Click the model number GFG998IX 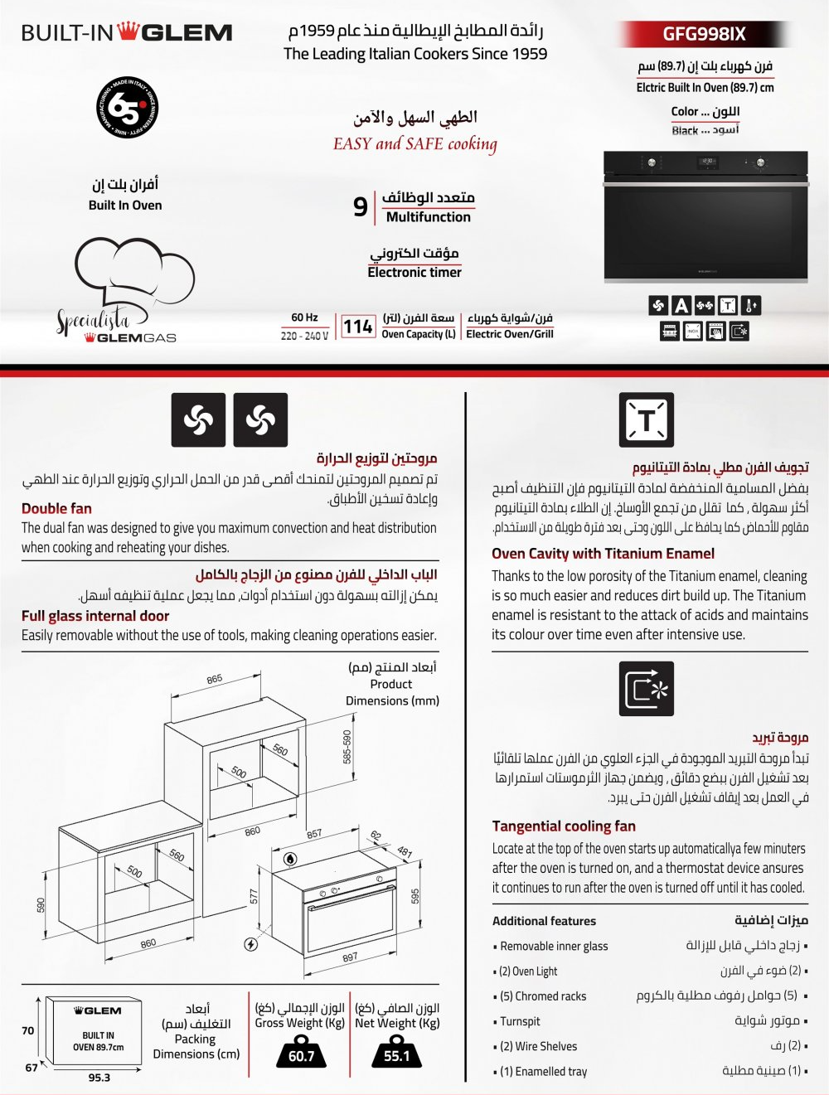click(704, 34)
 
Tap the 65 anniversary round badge click(127, 107)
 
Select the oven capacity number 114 click(357, 327)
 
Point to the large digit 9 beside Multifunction click(360, 206)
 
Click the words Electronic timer click(414, 272)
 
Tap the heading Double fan click(56, 508)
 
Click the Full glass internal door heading click(95, 616)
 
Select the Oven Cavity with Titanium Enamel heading click(603, 554)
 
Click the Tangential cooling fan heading click(564, 826)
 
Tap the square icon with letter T click(646, 420)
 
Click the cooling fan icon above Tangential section click(646, 688)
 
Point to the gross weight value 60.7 click(301, 1056)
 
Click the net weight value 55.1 click(397, 1056)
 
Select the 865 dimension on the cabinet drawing click(214, 679)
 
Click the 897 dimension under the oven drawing click(350, 957)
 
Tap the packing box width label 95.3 click(99, 1078)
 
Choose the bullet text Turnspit click(520, 1021)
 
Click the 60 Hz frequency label click(304, 317)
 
